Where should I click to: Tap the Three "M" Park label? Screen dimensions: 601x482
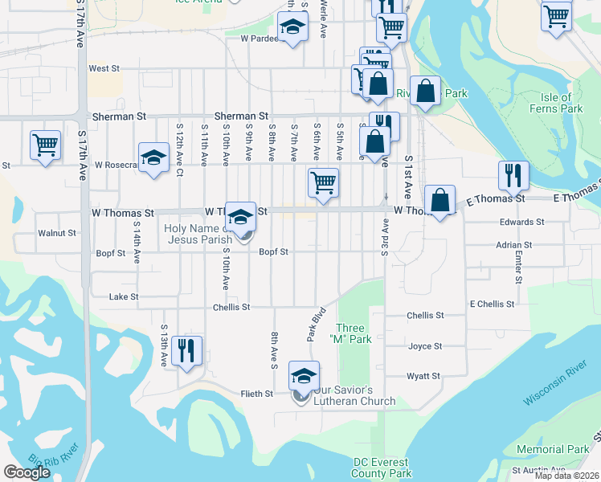[354, 333]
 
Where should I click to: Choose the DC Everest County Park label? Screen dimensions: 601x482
[381, 468]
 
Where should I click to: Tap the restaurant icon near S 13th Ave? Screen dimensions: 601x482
[186, 349]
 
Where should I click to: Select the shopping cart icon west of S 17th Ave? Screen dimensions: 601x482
[45, 145]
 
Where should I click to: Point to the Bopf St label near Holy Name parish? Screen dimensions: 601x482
[273, 251]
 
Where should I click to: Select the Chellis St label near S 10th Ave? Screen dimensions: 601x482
[231, 307]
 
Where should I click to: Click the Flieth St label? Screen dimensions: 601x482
[258, 394]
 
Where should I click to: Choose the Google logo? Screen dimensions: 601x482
[27, 472]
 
